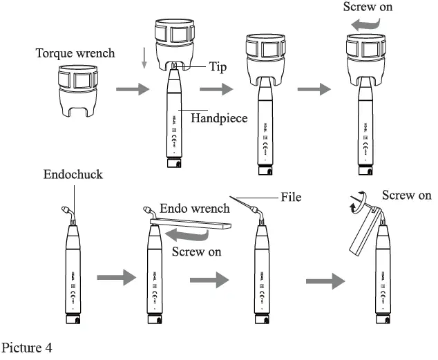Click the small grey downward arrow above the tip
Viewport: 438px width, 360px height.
click(143, 59)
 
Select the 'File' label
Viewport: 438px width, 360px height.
click(291, 197)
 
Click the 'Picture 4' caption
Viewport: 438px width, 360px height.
click(27, 347)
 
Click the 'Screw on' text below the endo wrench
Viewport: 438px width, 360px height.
click(197, 252)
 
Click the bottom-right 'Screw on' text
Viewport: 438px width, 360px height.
click(407, 196)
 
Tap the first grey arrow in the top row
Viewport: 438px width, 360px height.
click(132, 90)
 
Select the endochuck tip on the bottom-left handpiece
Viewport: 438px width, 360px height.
click(67, 208)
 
